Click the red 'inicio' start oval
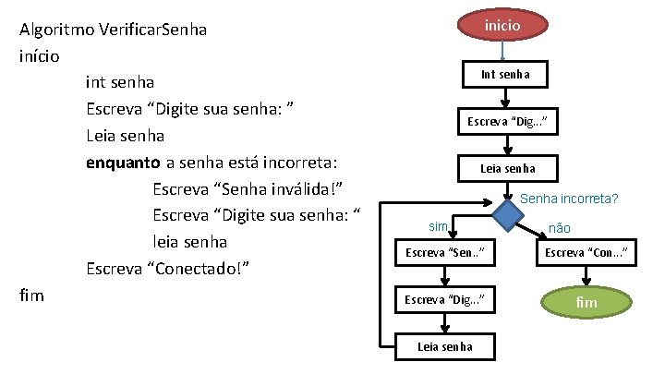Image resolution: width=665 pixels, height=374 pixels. tap(503, 25)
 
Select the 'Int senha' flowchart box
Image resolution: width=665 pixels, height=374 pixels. tap(505, 74)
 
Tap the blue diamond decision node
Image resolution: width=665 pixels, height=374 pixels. tap(506, 216)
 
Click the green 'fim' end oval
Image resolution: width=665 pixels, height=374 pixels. tap(586, 302)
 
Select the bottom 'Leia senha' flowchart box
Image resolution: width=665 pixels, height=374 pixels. tap(445, 346)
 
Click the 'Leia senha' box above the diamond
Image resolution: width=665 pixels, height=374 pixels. tap(507, 168)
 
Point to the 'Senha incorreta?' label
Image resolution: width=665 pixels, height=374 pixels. tap(570, 198)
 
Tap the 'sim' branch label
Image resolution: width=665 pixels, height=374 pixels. tap(438, 226)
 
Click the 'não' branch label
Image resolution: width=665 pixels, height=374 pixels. tap(560, 227)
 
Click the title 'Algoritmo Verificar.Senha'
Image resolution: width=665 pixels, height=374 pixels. tap(113, 30)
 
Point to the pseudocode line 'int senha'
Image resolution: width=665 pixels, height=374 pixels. tap(119, 83)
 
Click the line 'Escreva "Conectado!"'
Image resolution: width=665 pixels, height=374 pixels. tap(169, 270)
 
